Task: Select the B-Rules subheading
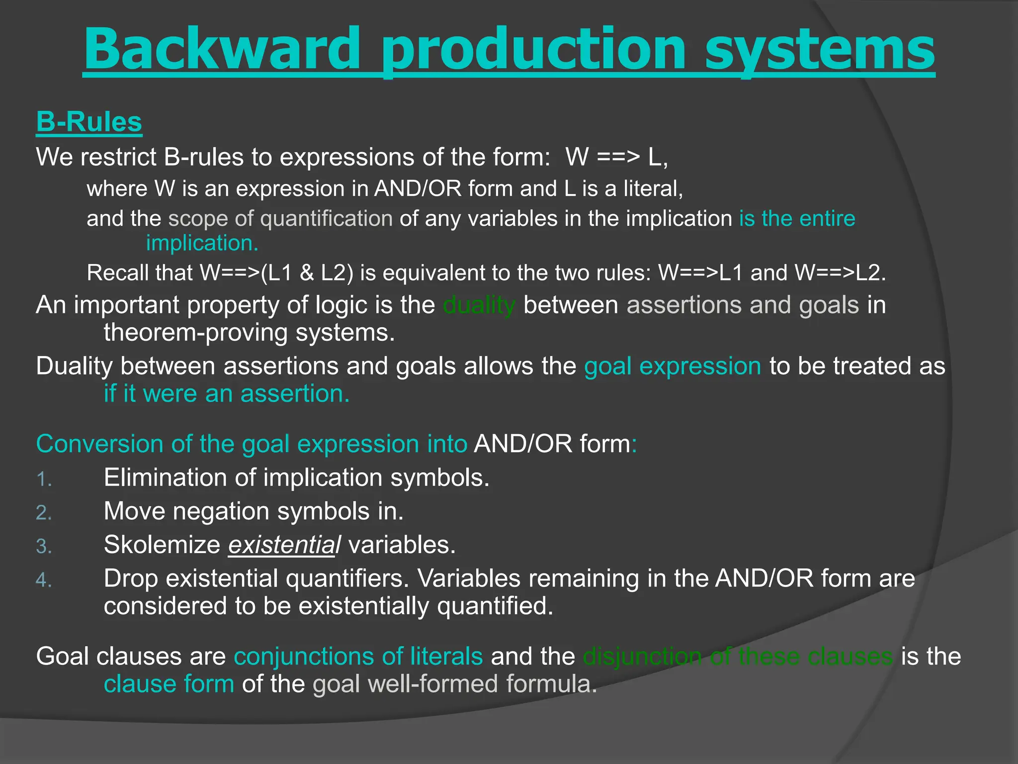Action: pyautogui.click(x=89, y=122)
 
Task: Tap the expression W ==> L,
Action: pyautogui.click(x=616, y=157)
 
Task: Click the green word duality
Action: pyautogui.click(x=479, y=305)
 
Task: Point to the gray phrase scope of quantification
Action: pyautogui.click(x=280, y=219)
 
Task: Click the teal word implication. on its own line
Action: pyautogui.click(x=202, y=243)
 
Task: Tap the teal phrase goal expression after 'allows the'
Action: pyautogui.click(x=672, y=366)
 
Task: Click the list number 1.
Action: pyautogui.click(x=44, y=479)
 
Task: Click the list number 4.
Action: pyautogui.click(x=44, y=580)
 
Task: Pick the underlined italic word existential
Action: pyautogui.click(x=284, y=545)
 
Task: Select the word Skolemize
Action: pyautogui.click(x=162, y=545)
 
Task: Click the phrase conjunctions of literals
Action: pyautogui.click(x=358, y=656)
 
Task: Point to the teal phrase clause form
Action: pyautogui.click(x=169, y=684)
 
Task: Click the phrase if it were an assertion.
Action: pyautogui.click(x=227, y=394)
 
